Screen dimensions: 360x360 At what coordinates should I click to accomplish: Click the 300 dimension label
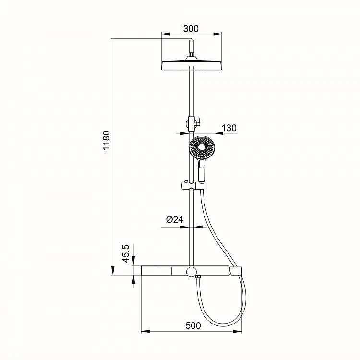[x=191, y=29]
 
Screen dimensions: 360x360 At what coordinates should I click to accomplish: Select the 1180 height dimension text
[x=107, y=140]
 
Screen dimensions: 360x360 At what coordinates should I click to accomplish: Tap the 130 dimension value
[x=229, y=128]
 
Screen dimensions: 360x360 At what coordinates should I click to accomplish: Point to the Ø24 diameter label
[x=175, y=219]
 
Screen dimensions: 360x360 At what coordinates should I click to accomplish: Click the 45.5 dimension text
[x=126, y=254]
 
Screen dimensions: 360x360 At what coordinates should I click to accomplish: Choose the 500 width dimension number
[x=193, y=325]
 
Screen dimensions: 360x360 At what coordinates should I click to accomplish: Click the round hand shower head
[x=202, y=147]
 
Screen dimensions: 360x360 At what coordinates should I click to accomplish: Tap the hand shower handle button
[x=202, y=164]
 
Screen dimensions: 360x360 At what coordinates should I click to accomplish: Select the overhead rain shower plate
[x=192, y=65]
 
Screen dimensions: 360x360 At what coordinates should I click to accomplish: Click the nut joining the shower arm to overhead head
[x=191, y=54]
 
